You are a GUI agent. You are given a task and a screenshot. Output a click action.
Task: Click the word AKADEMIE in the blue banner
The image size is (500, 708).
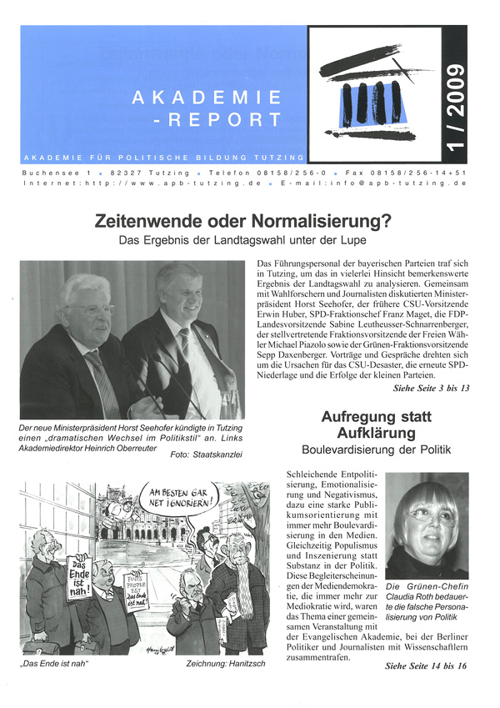206,98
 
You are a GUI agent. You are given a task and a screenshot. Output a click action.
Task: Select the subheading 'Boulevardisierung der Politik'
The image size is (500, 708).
369,453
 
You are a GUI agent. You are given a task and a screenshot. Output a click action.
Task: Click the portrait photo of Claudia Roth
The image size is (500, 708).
426,529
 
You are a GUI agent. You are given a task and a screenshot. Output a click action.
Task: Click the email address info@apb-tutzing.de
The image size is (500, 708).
422,182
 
